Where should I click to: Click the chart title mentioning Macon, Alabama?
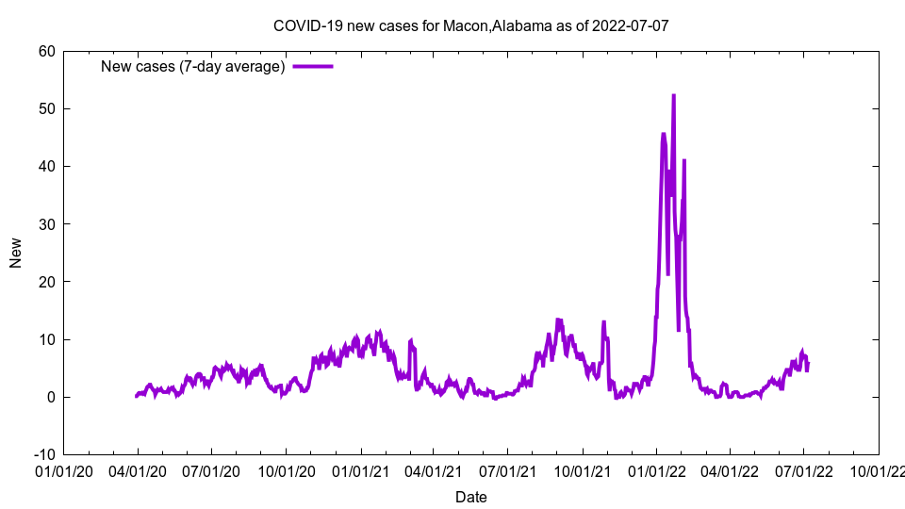pos(470,25)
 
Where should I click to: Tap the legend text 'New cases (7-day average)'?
pos(193,66)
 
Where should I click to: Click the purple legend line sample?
pos(313,66)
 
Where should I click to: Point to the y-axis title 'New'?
pos(16,253)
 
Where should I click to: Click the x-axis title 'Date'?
pos(470,497)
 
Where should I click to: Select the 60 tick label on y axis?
pos(46,51)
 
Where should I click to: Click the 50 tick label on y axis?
pos(46,108)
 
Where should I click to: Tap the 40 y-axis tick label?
pos(46,166)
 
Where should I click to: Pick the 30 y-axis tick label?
pos(46,223)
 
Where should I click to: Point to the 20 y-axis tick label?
pos(46,282)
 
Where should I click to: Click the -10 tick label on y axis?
pos(43,454)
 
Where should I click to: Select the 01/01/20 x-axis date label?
pos(64,470)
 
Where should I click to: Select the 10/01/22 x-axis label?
pos(878,470)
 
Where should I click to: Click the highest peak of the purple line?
pos(673,95)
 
